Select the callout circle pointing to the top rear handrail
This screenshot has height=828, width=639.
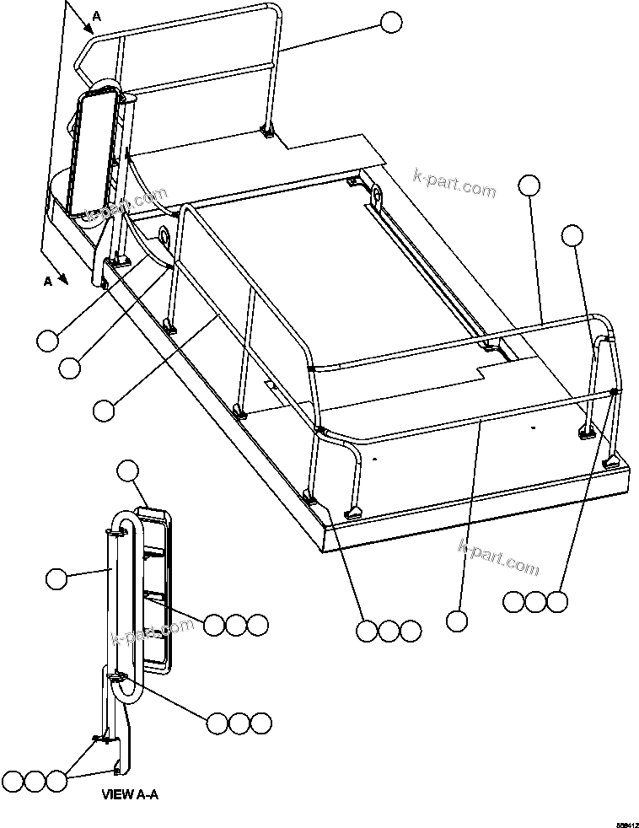[391, 23]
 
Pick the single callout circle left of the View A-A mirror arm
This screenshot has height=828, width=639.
[56, 578]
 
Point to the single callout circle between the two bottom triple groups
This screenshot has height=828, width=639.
[456, 621]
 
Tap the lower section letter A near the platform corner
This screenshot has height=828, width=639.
[48, 281]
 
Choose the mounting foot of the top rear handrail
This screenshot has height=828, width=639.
[268, 131]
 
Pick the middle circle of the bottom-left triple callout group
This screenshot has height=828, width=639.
[34, 780]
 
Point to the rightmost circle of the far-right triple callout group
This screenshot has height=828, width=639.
[557, 601]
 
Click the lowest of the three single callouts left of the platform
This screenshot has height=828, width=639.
[104, 410]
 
